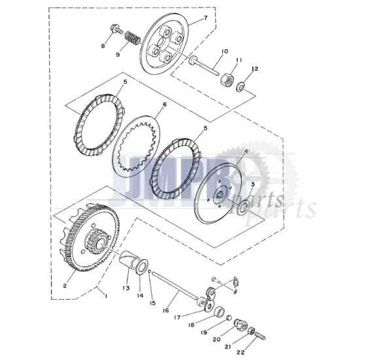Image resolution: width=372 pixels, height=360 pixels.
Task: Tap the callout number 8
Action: pyautogui.click(x=102, y=46)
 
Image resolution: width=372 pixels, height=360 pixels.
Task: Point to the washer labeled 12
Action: pyautogui.click(x=242, y=85)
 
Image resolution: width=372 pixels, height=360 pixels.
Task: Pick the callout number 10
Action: pyautogui.click(x=224, y=51)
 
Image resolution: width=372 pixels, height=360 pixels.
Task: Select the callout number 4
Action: pyautogui.click(x=246, y=151)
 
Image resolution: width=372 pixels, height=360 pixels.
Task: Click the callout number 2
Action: pyautogui.click(x=65, y=285)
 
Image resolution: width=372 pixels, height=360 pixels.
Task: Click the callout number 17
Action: pyautogui.click(x=177, y=318)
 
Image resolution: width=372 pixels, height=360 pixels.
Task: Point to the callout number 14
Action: pyautogui.click(x=139, y=295)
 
